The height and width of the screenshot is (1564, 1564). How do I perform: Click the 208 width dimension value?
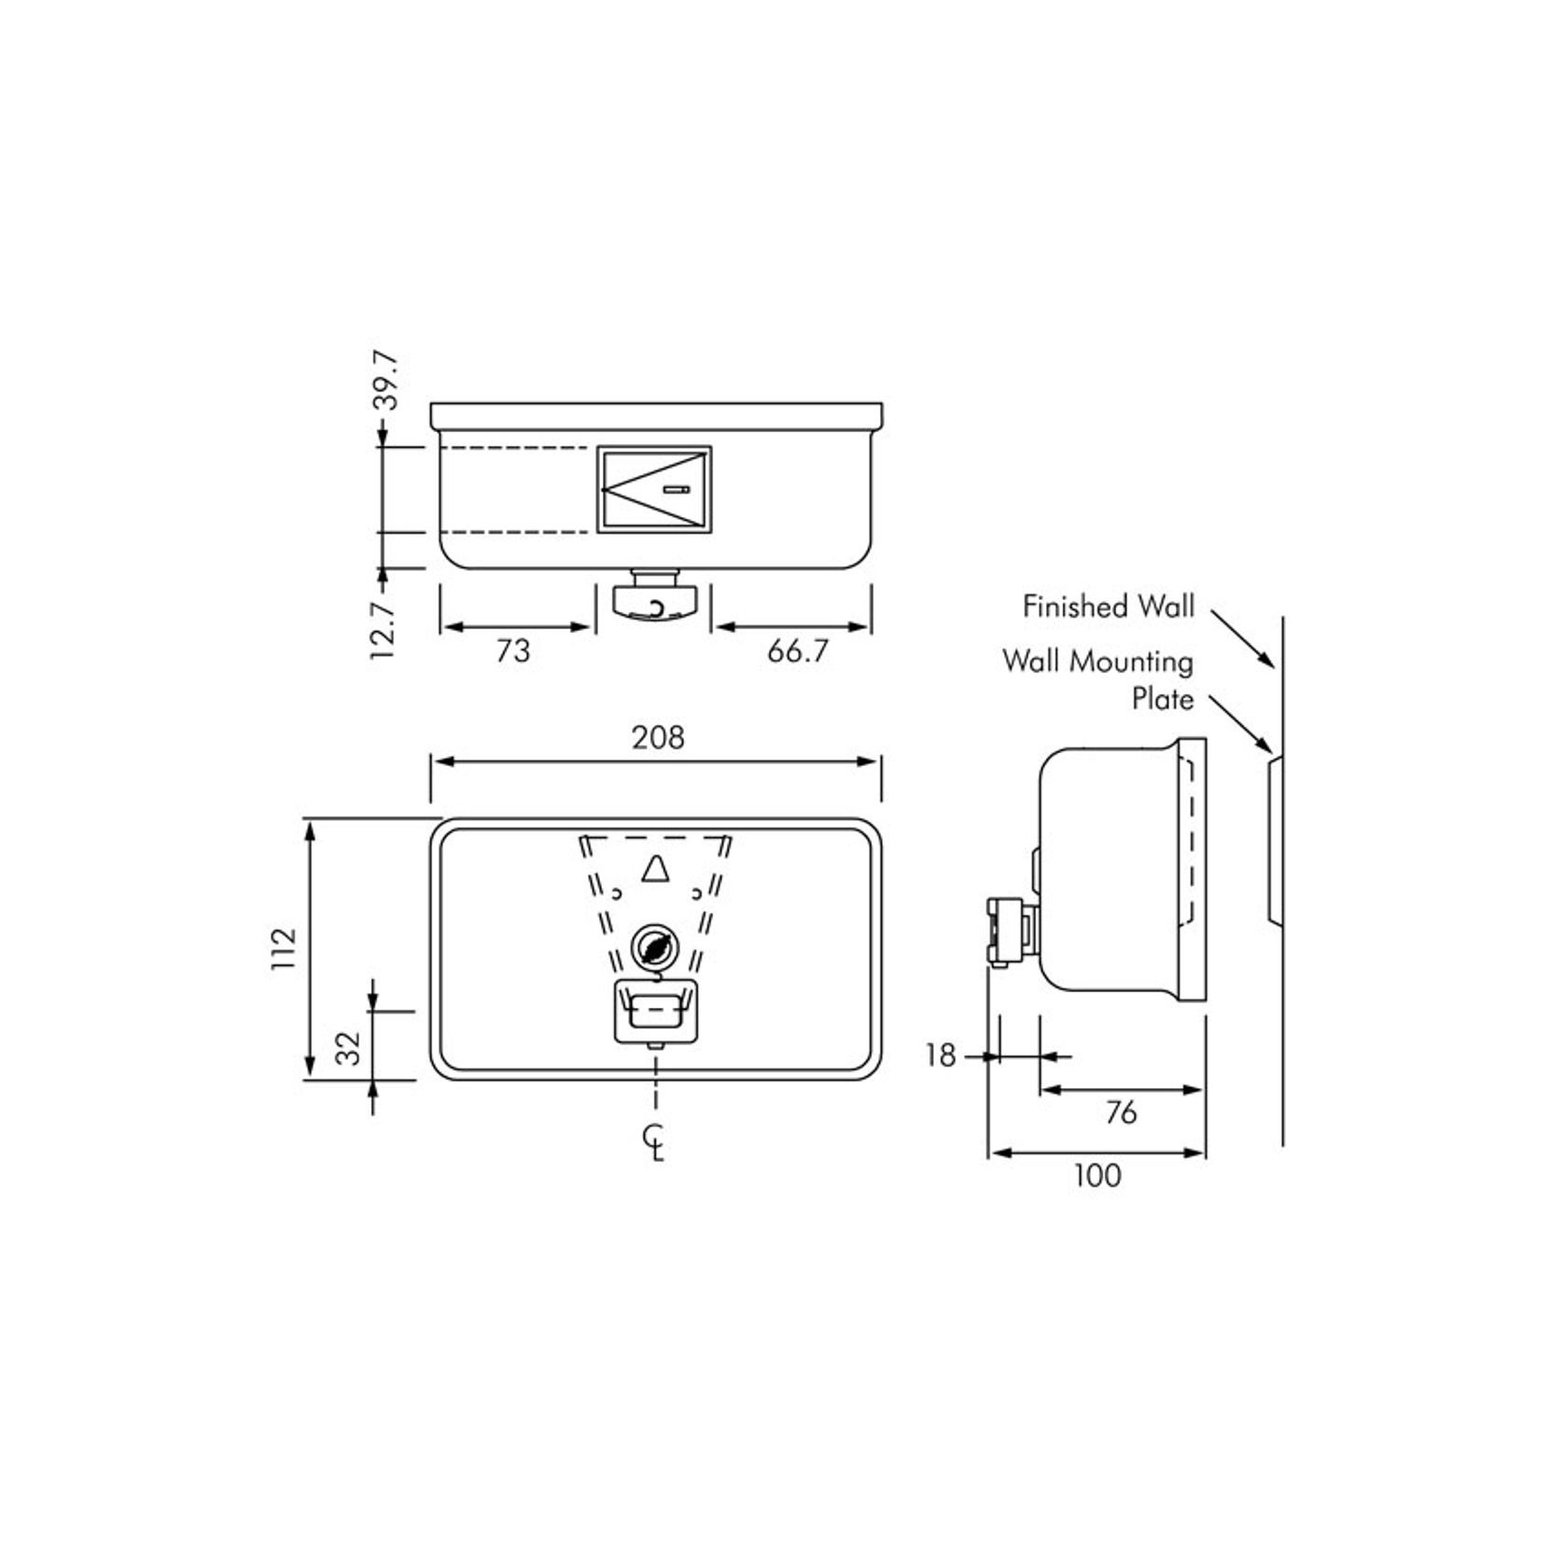(x=658, y=737)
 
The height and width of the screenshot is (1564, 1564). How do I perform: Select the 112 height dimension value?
(x=284, y=948)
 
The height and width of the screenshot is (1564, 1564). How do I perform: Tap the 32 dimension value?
(x=348, y=1047)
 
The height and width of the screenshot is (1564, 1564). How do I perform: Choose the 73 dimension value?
(x=512, y=650)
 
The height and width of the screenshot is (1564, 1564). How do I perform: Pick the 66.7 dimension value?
(x=797, y=650)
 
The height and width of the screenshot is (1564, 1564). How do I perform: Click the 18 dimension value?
(x=941, y=1055)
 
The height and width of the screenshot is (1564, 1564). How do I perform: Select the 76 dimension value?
(x=1120, y=1112)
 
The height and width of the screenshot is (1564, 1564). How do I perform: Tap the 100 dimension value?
(x=1097, y=1176)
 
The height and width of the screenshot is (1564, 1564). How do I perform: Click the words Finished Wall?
(x=1108, y=607)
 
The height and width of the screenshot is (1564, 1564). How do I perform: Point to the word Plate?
(x=1162, y=699)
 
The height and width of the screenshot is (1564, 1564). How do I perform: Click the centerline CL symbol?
(x=656, y=1142)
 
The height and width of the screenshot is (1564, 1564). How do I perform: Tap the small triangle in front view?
(x=656, y=869)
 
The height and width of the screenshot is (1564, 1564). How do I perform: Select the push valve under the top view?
(x=655, y=600)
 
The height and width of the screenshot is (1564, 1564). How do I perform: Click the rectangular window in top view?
(x=654, y=490)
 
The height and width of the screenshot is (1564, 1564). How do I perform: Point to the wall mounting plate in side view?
(x=1274, y=840)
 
